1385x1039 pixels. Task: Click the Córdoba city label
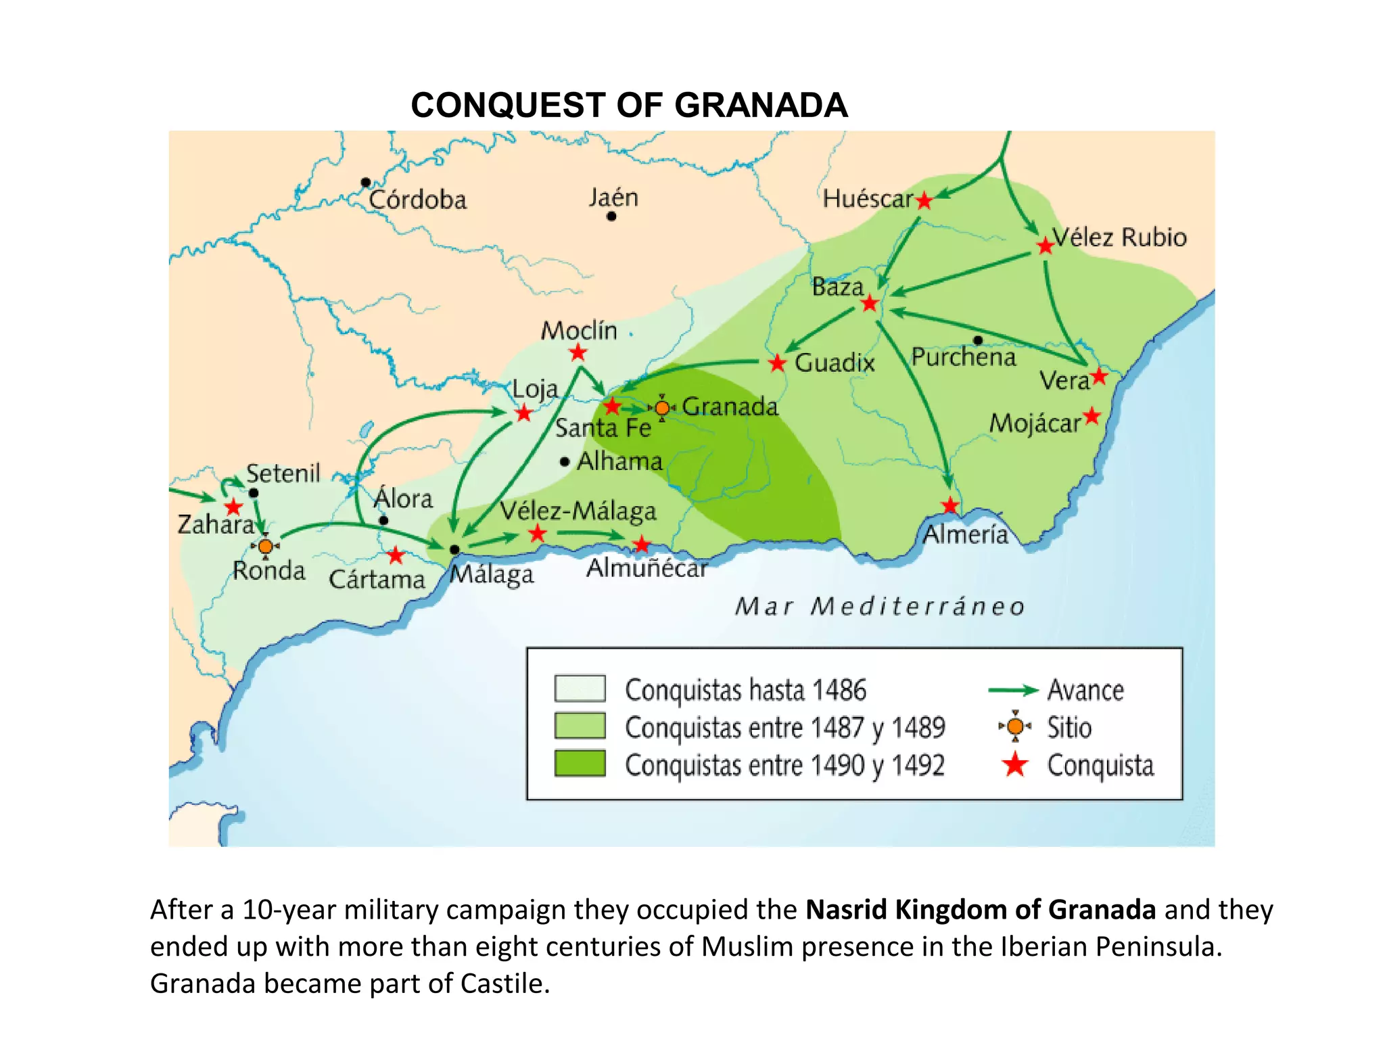417,200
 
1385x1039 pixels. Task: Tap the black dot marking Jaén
611,216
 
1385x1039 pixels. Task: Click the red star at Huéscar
924,201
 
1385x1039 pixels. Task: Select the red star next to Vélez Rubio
1045,246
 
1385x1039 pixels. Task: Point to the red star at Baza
870,304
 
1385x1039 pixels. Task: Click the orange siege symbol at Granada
662,408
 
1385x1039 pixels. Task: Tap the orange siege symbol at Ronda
265,546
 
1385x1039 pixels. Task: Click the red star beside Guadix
777,363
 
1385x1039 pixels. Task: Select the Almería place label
966,534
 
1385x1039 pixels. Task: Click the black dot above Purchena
978,340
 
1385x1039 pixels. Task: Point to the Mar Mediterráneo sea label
880,606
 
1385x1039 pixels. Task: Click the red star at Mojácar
1091,415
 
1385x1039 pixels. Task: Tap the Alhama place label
619,461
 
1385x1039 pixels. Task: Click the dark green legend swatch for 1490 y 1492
580,764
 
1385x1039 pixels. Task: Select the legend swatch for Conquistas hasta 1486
580,689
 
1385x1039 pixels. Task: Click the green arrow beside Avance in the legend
1012,690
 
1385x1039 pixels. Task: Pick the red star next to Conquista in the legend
1014,765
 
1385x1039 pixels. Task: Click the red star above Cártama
396,556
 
